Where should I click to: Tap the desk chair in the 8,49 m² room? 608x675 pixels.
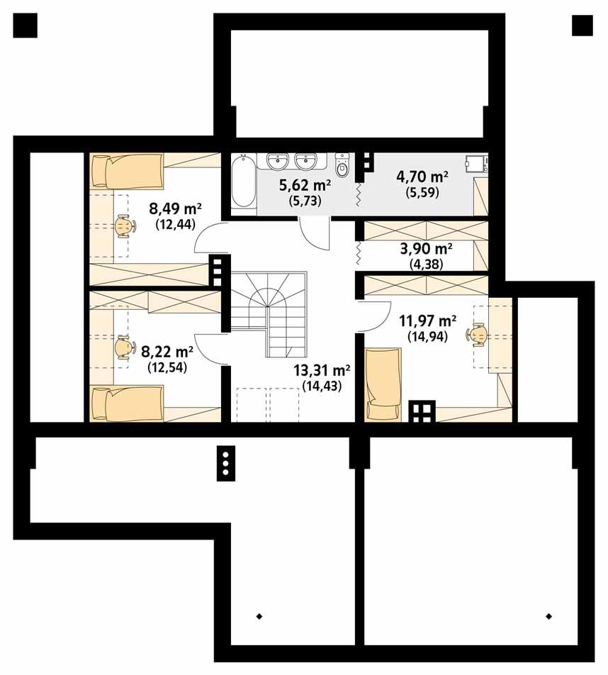coord(125,226)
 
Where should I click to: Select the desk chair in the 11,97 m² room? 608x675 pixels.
coord(478,333)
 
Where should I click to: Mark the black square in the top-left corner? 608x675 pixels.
coord(26,26)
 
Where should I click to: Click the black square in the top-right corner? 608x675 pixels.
coord(582,26)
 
